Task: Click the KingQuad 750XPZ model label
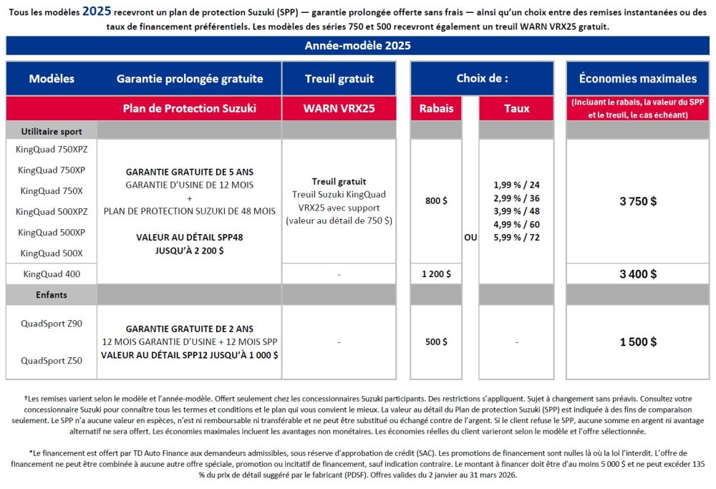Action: coord(51,149)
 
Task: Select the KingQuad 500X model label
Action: coord(51,253)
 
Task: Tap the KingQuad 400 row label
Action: coord(51,273)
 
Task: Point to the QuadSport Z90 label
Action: coord(51,324)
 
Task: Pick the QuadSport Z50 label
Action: coord(51,361)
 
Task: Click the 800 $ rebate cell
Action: coord(436,201)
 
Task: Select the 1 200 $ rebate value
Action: coord(436,273)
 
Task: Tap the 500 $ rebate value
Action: coord(436,342)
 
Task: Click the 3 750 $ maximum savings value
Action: coord(637,201)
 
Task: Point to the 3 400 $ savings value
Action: coord(637,273)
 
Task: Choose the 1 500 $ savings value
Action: coord(637,342)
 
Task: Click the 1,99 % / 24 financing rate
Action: coord(516,185)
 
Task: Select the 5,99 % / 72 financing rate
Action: coord(516,238)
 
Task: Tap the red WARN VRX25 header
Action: coord(339,109)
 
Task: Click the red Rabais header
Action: coord(436,109)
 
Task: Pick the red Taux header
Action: coord(516,109)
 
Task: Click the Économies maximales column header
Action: coord(637,79)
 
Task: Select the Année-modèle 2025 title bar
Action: coord(357,46)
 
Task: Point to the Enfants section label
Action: coord(51,294)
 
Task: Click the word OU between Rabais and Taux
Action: coord(470,238)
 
